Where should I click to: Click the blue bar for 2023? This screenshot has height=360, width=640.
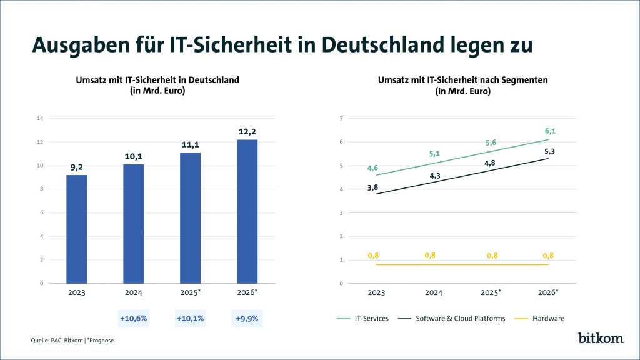(76, 229)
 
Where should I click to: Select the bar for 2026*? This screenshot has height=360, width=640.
(247, 211)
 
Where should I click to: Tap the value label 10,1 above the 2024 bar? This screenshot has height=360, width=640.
(133, 157)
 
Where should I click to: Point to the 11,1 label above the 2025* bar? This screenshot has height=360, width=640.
(190, 145)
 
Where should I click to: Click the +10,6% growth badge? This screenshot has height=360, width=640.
(133, 318)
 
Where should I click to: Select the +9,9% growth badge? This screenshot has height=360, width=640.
(247, 318)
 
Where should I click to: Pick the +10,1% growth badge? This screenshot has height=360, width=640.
(190, 318)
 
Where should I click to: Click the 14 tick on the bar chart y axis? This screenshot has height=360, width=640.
(40, 119)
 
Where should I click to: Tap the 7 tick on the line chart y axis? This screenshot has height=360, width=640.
(341, 119)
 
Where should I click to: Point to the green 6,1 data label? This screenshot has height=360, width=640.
(550, 131)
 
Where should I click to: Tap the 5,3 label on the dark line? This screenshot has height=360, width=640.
(550, 152)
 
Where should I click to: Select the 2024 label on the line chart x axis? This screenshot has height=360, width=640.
(434, 292)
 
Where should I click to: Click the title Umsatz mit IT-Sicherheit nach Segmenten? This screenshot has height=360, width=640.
(462, 80)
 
